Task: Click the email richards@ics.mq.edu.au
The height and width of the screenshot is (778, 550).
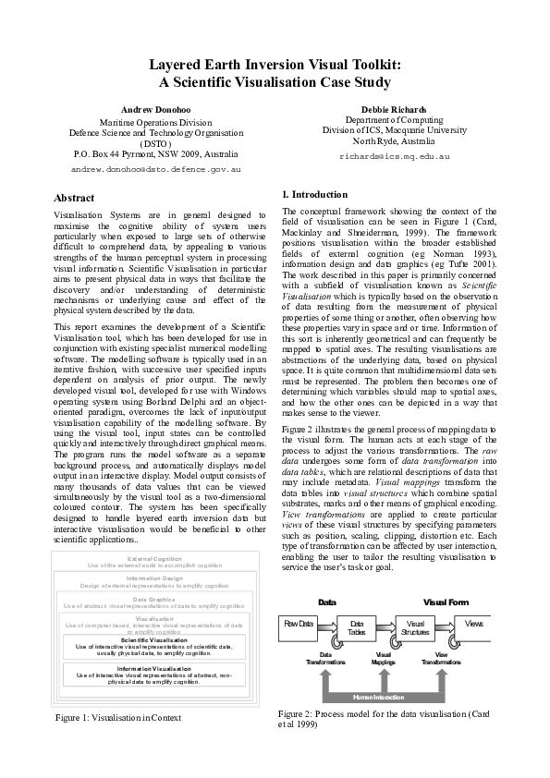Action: [395, 157]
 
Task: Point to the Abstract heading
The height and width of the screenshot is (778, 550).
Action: [74, 198]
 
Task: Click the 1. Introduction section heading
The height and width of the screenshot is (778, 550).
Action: [314, 194]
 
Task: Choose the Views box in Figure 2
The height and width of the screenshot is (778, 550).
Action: [473, 624]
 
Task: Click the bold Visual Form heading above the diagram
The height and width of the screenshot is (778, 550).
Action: [446, 602]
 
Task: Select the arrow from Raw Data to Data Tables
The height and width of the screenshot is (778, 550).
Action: [329, 625]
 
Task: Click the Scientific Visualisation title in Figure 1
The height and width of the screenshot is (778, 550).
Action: [154, 639]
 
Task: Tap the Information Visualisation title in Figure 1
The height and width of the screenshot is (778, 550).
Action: [154, 668]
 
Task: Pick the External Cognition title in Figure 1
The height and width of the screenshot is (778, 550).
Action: [154, 559]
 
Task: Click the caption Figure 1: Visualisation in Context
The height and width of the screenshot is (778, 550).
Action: [118, 717]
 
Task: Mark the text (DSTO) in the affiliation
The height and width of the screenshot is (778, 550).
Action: [155, 144]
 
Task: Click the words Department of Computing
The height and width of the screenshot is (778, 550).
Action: [395, 120]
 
